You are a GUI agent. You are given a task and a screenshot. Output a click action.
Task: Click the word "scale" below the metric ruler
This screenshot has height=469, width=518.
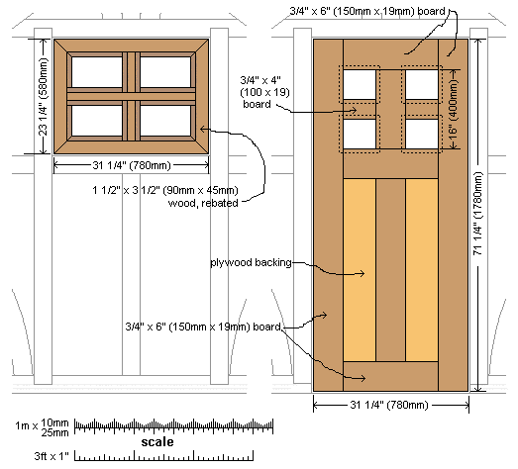(x=157, y=442)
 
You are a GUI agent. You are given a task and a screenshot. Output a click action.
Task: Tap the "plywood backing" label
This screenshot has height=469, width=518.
(x=251, y=263)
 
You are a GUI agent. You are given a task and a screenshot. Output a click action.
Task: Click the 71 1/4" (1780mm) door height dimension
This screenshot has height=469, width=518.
(x=478, y=214)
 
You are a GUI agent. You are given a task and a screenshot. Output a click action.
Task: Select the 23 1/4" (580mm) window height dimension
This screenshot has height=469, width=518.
(x=44, y=97)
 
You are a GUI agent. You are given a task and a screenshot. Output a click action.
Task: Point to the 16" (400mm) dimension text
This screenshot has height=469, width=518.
(x=454, y=108)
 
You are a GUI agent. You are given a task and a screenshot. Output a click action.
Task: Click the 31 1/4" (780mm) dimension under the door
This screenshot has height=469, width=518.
(x=389, y=405)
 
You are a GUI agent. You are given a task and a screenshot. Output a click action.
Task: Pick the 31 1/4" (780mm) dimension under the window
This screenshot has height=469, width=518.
(x=132, y=165)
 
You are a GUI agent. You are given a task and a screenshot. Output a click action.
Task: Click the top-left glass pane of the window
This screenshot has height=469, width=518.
(x=97, y=72)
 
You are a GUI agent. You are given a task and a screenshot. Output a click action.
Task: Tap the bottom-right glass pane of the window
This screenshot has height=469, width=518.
(x=165, y=121)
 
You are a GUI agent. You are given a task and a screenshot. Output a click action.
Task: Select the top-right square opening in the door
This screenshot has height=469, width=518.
(x=422, y=84)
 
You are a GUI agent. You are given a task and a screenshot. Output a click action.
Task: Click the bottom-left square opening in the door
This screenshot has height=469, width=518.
(x=360, y=134)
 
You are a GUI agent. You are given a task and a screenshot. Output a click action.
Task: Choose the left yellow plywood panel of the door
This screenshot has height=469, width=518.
(x=360, y=270)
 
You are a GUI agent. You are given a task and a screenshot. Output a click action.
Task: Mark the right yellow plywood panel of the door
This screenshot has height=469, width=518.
(x=422, y=270)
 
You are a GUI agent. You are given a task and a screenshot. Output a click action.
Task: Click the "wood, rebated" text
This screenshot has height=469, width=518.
(x=203, y=203)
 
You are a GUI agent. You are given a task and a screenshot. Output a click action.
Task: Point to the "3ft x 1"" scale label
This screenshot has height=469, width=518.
(x=52, y=456)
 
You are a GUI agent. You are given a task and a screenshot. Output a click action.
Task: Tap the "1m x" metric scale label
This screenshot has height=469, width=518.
(x=27, y=425)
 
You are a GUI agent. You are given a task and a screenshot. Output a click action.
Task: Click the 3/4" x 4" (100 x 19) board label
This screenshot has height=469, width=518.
(x=264, y=92)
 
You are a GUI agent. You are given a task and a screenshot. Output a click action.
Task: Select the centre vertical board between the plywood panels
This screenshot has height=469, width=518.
(x=391, y=270)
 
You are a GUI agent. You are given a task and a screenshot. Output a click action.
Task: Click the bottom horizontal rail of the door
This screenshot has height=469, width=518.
(x=391, y=376)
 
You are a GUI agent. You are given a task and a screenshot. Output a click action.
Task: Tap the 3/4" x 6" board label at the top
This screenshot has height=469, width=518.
(x=367, y=11)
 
